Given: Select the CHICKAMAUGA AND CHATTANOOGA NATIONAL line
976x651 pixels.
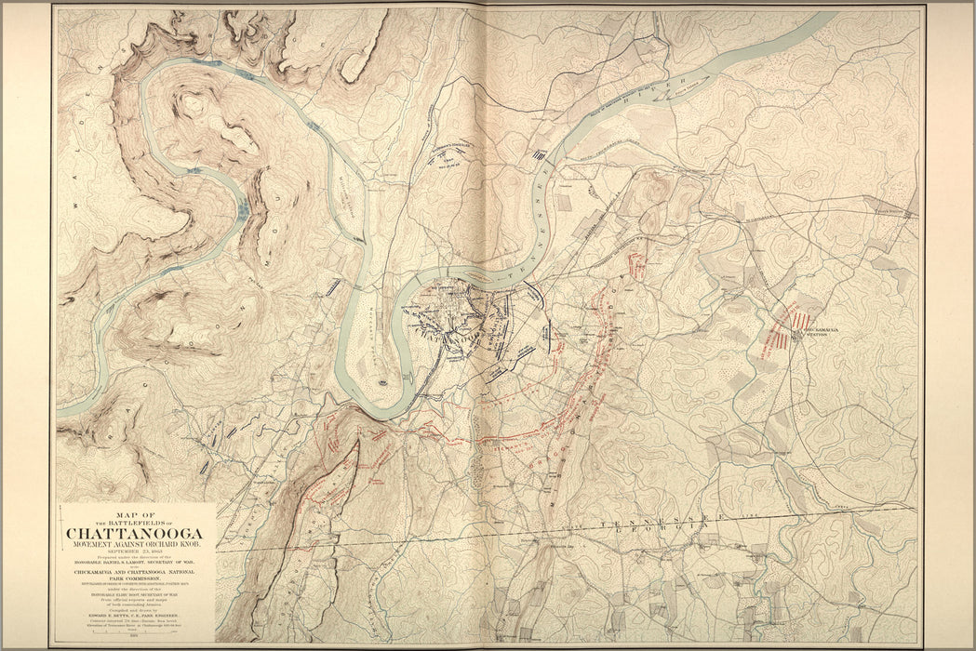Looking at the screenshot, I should click(x=138, y=571).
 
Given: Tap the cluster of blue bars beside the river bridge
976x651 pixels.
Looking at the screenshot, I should click(x=539, y=156).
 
